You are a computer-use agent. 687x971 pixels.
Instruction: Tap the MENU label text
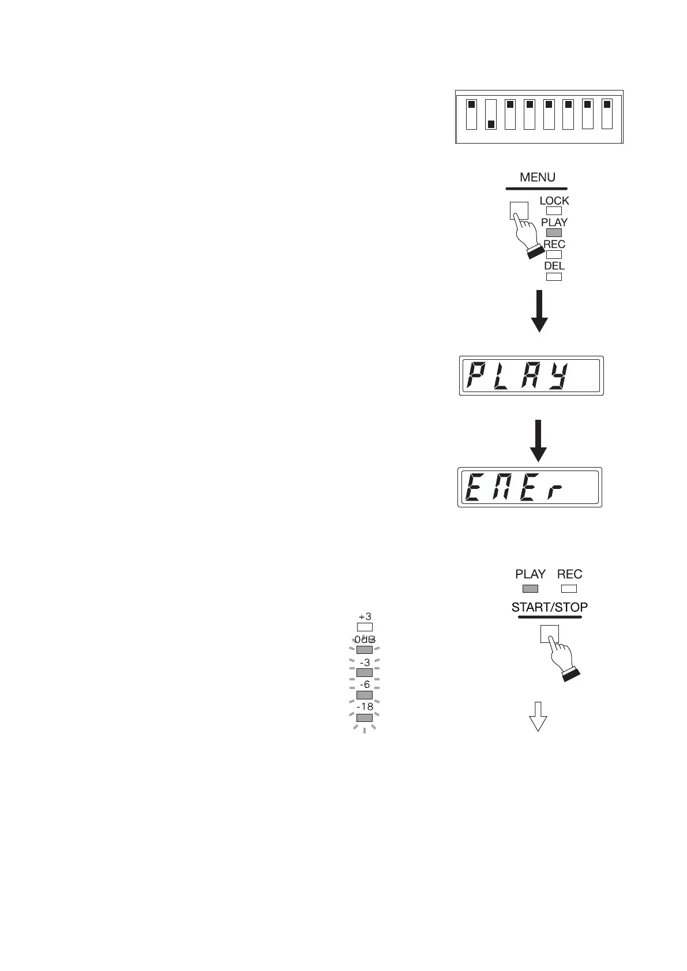pos(537,178)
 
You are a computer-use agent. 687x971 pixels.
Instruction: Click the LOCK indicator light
pos(554,211)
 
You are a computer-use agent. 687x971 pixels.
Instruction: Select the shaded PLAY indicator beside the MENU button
pos(554,232)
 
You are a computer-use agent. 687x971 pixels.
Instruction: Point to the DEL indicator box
pos(554,277)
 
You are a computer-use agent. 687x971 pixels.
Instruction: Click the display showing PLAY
pos(531,376)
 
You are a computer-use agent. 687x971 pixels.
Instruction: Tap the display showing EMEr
pos(530,487)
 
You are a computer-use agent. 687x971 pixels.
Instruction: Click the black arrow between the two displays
pos(538,441)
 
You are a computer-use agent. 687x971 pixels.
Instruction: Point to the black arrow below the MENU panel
pos(539,311)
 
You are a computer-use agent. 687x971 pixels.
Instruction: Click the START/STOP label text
pos(550,607)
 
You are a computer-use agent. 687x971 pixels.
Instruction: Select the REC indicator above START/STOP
pos(569,589)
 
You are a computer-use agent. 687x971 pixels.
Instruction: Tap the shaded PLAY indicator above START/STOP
pos(530,589)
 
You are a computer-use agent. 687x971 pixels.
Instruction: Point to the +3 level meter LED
pos(365,627)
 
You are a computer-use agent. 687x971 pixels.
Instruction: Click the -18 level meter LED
pos(365,718)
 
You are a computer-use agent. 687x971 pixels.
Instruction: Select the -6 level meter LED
pos(365,695)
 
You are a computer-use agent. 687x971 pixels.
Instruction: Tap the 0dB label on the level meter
pos(365,640)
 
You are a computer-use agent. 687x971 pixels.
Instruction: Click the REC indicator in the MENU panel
pos(554,254)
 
